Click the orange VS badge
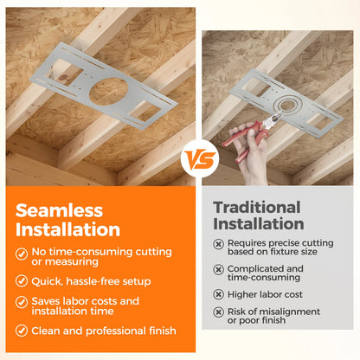click(200, 159)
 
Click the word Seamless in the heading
click(59, 210)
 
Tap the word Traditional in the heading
click(257, 207)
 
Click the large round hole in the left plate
click(108, 92)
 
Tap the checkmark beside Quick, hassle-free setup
click(22, 281)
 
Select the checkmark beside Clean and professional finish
click(22, 331)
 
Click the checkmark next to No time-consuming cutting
click(22, 254)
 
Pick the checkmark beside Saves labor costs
click(22, 302)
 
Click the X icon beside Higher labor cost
click(218, 294)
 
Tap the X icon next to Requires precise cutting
click(218, 244)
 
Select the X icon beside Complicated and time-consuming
click(218, 269)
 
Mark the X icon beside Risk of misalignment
click(218, 312)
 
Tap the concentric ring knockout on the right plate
click(288, 105)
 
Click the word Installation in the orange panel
click(67, 229)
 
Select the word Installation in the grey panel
click(259, 224)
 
